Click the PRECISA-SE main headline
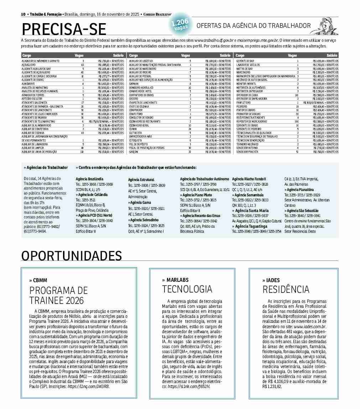pyautogui.click(x=64, y=29)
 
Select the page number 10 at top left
pyautogui.click(x=23, y=14)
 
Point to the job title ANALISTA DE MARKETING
pyautogui.click(x=35, y=87)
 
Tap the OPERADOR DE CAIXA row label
pyautogui.click(x=245, y=95)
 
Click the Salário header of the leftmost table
pyautogui.click(x=118, y=56)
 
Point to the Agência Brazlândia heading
pyautogui.click(x=89, y=178)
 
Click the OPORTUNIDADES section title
pyautogui.click(x=71, y=256)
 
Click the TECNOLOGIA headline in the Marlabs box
pyautogui.click(x=187, y=289)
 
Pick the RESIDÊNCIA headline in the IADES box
pyautogui.click(x=286, y=289)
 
